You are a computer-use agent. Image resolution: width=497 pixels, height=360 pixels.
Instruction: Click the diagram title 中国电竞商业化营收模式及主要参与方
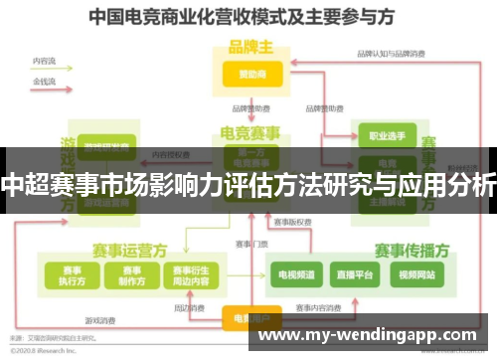[248, 16]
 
